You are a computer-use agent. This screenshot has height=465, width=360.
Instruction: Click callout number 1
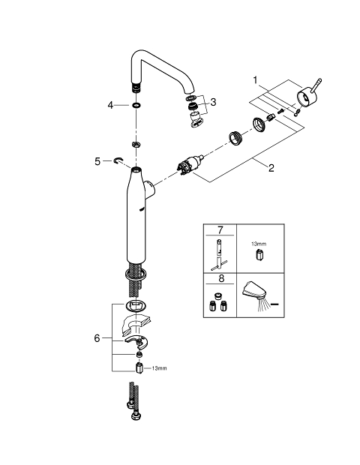(x=255, y=80)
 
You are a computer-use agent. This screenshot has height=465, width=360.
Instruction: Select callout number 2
(x=271, y=168)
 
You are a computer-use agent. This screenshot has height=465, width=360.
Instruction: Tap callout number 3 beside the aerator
(x=213, y=102)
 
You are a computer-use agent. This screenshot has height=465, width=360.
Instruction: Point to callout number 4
(x=110, y=105)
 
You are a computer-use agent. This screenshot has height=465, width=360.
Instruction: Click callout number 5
(x=97, y=161)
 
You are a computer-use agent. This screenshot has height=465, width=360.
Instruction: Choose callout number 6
(x=97, y=338)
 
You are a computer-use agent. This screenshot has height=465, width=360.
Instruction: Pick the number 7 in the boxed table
(x=220, y=229)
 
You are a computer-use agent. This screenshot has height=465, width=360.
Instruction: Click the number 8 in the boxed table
(x=220, y=278)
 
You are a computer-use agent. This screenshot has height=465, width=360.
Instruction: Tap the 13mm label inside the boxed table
(x=259, y=244)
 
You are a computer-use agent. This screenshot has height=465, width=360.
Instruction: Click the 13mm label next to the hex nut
(x=159, y=368)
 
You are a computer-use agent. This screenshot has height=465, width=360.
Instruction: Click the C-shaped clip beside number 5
(x=118, y=160)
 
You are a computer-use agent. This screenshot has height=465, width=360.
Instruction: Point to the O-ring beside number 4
(x=136, y=105)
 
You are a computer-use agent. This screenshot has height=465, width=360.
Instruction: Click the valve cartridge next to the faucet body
(x=190, y=164)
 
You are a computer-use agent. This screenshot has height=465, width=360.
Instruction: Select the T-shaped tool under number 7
(x=220, y=255)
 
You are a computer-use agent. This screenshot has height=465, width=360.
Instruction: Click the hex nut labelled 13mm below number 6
(x=139, y=368)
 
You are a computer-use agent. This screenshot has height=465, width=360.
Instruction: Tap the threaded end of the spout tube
(x=136, y=88)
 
